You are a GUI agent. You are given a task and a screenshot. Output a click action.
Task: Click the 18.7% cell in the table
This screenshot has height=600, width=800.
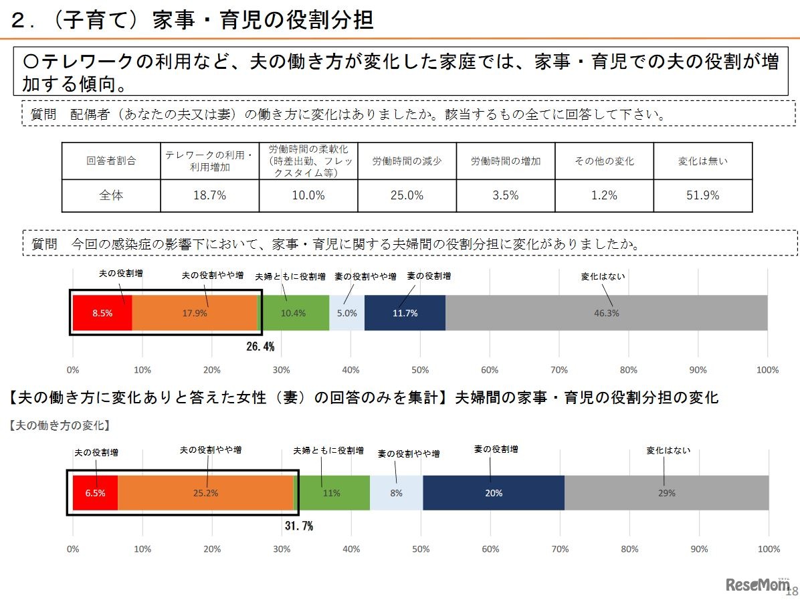(x=209, y=195)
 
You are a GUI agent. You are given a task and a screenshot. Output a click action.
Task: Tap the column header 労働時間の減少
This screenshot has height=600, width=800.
(x=407, y=161)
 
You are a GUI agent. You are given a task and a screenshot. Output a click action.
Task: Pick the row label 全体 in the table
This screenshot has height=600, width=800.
(x=111, y=195)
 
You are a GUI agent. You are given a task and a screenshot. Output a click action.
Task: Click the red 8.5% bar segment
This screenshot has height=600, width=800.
(x=102, y=312)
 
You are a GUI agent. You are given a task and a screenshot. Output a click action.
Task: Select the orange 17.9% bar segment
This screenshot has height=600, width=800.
(x=195, y=312)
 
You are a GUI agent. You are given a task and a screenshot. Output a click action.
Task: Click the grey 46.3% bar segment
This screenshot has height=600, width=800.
(x=606, y=312)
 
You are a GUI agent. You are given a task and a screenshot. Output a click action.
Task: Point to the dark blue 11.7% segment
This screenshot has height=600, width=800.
(x=405, y=312)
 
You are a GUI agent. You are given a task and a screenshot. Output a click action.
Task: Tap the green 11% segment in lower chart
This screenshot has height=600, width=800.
(x=332, y=493)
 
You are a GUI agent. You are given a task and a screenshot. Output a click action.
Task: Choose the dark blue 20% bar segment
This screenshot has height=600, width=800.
(x=493, y=493)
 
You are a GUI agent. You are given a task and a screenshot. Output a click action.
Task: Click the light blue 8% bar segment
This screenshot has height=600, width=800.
(x=396, y=493)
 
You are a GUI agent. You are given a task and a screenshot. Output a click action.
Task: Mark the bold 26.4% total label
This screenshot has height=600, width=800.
(x=260, y=346)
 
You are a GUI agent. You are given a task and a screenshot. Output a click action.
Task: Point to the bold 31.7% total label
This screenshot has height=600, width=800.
(x=298, y=526)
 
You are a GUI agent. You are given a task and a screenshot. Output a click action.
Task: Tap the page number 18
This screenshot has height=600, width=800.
(x=791, y=591)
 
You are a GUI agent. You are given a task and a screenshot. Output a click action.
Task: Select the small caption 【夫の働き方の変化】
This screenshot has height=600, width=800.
(x=60, y=425)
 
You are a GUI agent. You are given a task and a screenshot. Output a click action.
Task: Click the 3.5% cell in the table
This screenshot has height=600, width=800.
(x=506, y=195)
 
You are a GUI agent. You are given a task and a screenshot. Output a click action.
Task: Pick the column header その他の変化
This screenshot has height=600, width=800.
(x=604, y=161)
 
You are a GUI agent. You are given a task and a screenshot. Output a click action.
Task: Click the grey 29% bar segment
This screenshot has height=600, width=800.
(x=666, y=493)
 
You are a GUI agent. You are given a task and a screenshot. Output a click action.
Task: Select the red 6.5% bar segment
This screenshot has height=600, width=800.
(x=96, y=493)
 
